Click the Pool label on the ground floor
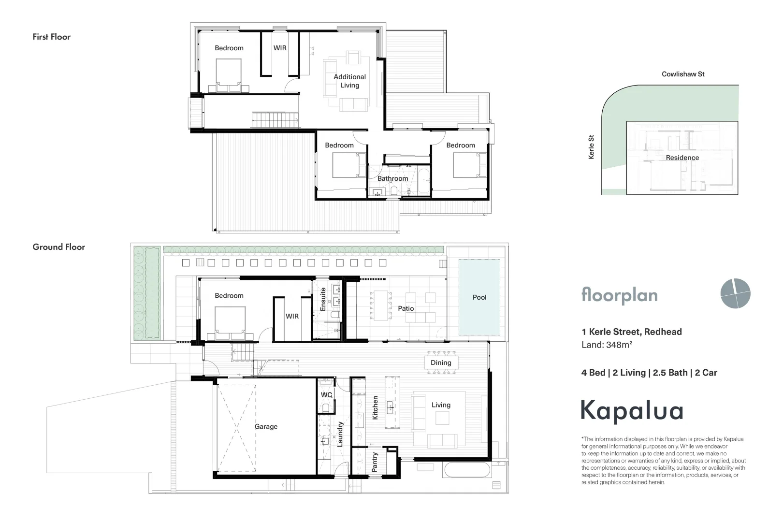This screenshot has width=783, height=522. pyautogui.click(x=479, y=297)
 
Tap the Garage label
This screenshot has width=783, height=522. pyautogui.click(x=266, y=426)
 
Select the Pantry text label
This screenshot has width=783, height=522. pyautogui.click(x=375, y=462)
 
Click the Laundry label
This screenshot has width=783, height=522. pyautogui.click(x=340, y=433)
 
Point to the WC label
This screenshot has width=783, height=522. pyautogui.click(x=326, y=395)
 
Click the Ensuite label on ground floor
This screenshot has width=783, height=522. pyautogui.click(x=323, y=299)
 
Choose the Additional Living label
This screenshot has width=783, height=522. pyautogui.click(x=349, y=81)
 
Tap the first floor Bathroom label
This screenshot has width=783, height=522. pyautogui.click(x=392, y=178)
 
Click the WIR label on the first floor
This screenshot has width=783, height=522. pyautogui.click(x=280, y=48)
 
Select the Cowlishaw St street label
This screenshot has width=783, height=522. pyautogui.click(x=683, y=74)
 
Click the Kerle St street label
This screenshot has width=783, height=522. pyautogui.click(x=591, y=147)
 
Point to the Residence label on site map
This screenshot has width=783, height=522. pyautogui.click(x=682, y=158)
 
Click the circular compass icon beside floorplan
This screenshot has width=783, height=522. pyautogui.click(x=735, y=293)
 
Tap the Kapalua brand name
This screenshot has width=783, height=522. pyautogui.click(x=632, y=411)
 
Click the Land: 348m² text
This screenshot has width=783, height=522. pyautogui.click(x=607, y=345)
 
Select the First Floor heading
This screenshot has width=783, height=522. pyautogui.click(x=52, y=37)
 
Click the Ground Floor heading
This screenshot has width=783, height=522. pyautogui.click(x=59, y=247)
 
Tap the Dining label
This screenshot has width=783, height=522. pyautogui.click(x=441, y=362)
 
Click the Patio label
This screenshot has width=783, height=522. pyautogui.click(x=406, y=308)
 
